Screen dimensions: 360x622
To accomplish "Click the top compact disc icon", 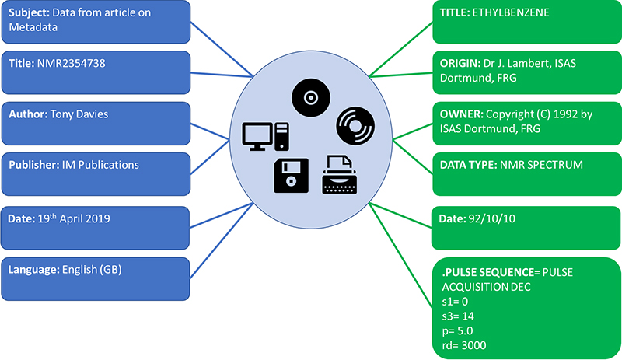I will pyautogui.click(x=311, y=98).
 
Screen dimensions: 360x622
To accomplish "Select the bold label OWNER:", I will pyautogui.click(x=464, y=114).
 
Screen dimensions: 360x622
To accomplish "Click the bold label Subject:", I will pyautogui.click(x=30, y=13).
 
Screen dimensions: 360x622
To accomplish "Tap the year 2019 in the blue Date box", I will pyautogui.click(x=96, y=219).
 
